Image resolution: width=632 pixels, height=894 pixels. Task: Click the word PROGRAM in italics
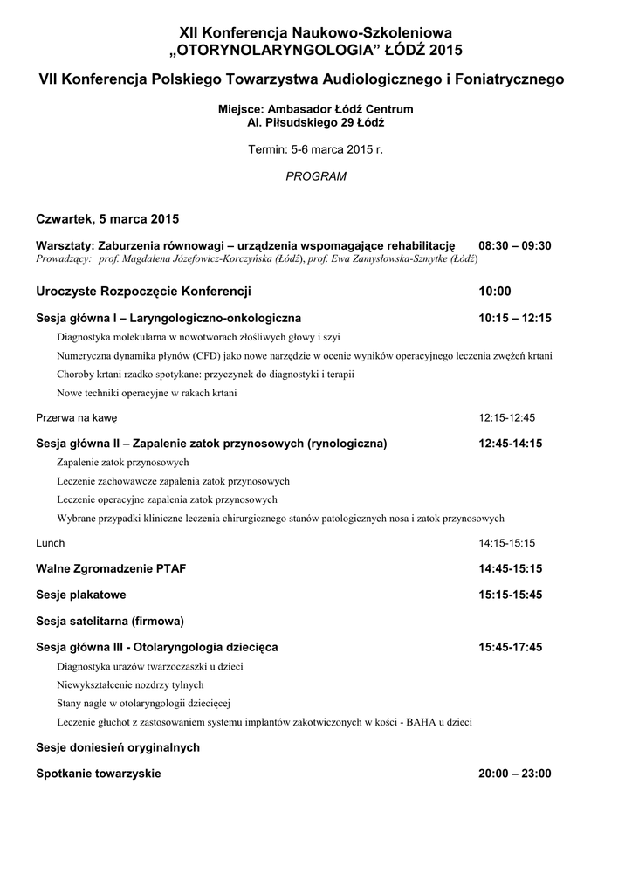316,176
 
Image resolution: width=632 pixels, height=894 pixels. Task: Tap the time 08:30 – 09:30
515,246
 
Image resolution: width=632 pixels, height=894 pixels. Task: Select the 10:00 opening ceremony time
495,292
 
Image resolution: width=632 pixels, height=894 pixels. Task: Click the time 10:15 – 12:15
515,319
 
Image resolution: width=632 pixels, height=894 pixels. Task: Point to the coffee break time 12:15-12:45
506,418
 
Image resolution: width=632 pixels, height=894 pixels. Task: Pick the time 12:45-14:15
511,444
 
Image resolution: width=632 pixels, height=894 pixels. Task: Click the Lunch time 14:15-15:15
506,543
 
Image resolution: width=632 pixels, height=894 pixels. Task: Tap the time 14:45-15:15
511,569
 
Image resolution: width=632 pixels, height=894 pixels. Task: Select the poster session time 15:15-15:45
511,595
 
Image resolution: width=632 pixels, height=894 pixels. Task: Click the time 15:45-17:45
511,648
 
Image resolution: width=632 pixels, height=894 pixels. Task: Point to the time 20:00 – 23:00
515,774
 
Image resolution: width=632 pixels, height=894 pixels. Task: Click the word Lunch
51,543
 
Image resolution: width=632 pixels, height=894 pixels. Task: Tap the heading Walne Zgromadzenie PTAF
111,569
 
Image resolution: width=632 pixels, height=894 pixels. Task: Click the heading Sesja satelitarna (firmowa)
110,622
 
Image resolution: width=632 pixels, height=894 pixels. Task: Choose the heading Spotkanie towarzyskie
99,774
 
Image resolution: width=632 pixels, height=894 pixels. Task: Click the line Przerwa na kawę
76,418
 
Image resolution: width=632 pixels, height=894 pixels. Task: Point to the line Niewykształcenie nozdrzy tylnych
130,684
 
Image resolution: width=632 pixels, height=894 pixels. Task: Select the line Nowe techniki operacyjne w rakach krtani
147,393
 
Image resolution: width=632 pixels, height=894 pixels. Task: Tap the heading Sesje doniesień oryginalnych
118,747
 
